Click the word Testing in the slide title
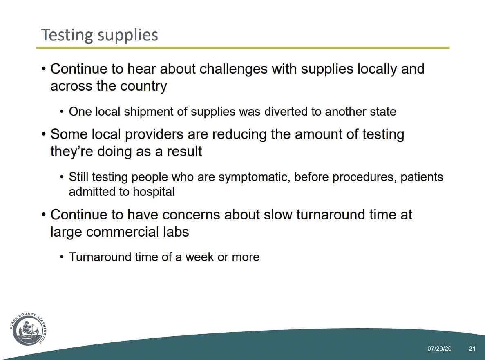tap(67, 35)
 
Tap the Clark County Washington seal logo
tap(29, 329)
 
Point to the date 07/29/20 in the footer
tap(439, 349)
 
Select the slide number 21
tap(472, 349)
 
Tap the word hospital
tap(154, 192)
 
